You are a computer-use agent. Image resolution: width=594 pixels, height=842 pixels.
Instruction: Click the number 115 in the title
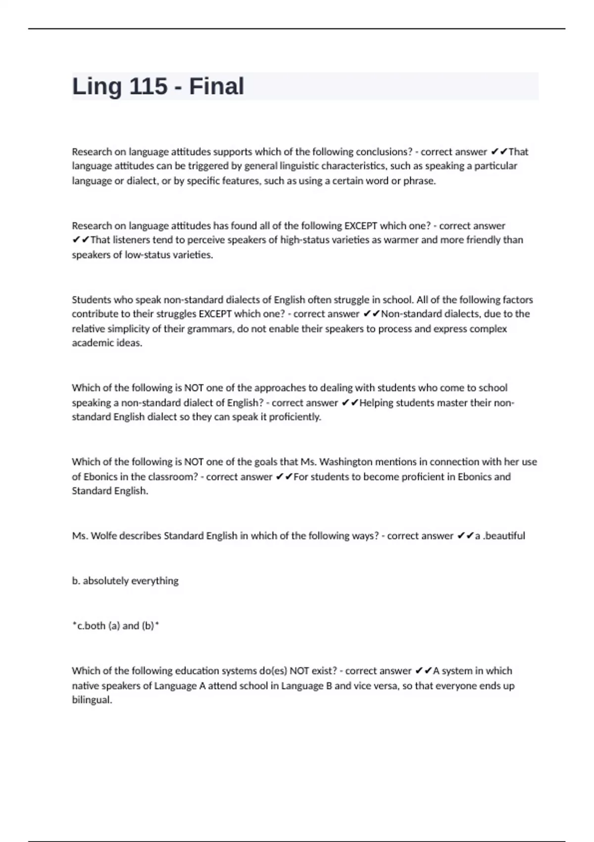point(148,87)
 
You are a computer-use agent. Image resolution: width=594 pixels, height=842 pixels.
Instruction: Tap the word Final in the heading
point(216,87)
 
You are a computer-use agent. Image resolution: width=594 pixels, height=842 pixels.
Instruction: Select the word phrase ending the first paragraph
point(419,181)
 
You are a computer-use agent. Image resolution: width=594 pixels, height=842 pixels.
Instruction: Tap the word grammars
point(210,329)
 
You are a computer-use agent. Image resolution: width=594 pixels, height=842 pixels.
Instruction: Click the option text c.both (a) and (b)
point(116,626)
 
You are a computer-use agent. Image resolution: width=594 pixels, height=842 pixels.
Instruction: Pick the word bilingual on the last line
point(92,700)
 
